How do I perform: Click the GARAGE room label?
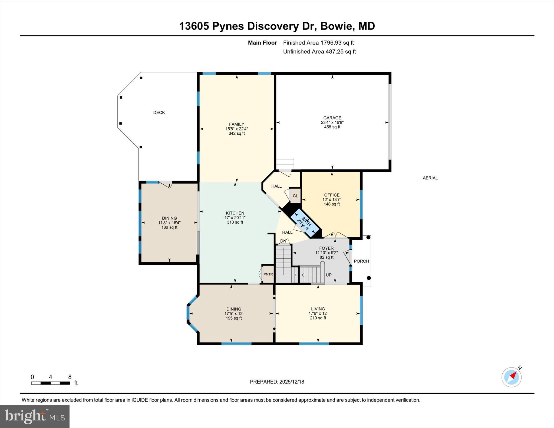coord(332,118)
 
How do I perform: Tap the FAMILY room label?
coord(236,124)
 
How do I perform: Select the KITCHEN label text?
coord(235,213)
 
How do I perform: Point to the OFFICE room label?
coord(332,195)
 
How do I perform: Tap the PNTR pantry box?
coord(268,274)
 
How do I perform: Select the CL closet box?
coord(295,196)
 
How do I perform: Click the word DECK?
coord(159,112)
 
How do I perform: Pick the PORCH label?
coord(361,261)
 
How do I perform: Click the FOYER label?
coord(326,248)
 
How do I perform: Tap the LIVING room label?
coord(318,309)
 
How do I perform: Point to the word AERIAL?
coord(430,178)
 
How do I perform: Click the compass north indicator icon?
coord(512,377)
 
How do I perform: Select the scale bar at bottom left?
coord(51,383)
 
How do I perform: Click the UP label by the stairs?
coord(328,275)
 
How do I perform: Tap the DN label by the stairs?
coord(283,241)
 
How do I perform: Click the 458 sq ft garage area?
coord(332,127)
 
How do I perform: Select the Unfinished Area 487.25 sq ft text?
coord(319,51)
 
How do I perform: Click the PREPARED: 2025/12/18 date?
coord(277,382)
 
